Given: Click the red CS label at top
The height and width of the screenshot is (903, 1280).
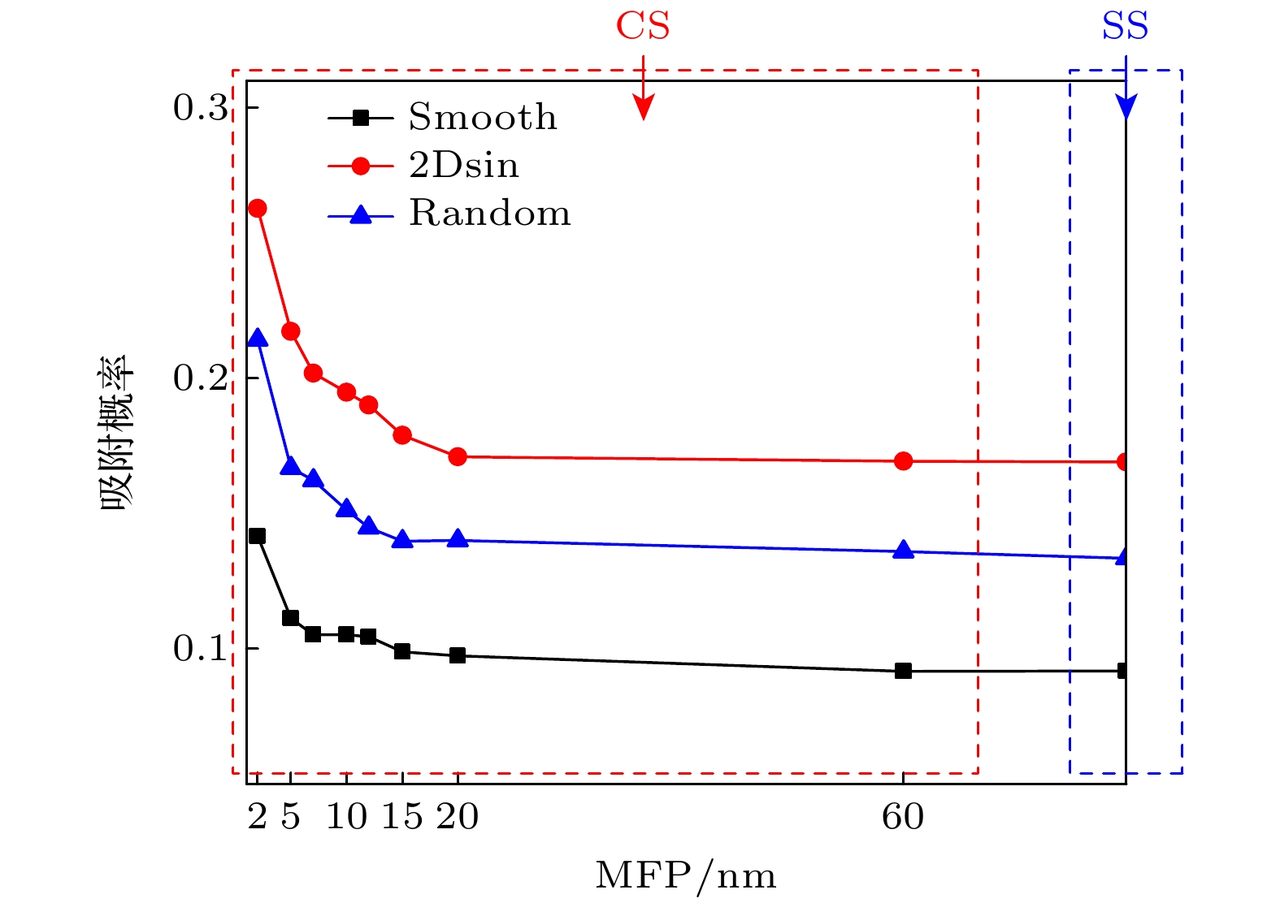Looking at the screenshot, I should [x=643, y=26].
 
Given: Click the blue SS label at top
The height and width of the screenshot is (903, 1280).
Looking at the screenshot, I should [x=1125, y=26].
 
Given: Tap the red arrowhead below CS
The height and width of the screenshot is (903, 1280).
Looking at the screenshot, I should [x=643, y=107].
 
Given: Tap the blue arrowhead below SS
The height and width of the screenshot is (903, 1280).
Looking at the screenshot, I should [x=1126, y=106].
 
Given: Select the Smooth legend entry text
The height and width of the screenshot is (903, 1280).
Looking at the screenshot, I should [x=483, y=118].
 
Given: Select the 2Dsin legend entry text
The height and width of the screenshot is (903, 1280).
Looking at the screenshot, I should [x=464, y=166].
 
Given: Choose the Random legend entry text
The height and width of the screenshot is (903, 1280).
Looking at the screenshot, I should [x=489, y=214].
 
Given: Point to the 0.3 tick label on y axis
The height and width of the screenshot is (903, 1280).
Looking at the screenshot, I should [x=201, y=108].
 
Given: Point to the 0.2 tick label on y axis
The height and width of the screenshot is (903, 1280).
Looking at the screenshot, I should [x=201, y=378].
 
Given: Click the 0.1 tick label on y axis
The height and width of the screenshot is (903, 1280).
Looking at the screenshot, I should [x=201, y=649].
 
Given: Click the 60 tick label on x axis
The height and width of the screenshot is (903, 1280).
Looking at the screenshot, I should [x=903, y=817].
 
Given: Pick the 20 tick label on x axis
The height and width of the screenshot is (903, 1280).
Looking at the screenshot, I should [x=458, y=817].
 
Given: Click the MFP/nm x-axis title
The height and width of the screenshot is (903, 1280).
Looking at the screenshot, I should [x=686, y=875].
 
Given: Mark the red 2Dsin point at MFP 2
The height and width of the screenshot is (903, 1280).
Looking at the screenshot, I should [x=258, y=209].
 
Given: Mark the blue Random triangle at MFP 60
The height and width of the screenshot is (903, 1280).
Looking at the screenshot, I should [x=903, y=550].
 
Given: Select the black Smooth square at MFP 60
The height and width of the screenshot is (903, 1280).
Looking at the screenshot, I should [x=903, y=671].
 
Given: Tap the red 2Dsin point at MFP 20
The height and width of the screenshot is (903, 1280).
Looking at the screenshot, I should [x=458, y=456].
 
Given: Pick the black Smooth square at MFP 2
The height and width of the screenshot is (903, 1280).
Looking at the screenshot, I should [x=258, y=536].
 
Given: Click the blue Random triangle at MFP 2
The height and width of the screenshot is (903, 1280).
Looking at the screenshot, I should [x=258, y=338].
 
